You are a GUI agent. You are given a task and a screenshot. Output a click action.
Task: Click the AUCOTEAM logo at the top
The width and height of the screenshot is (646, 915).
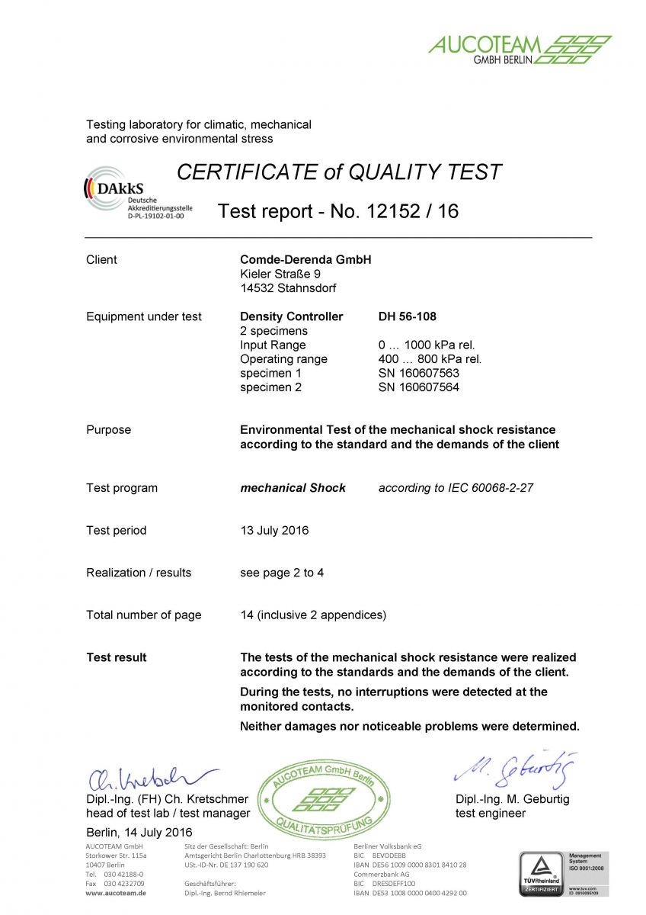tap(520, 48)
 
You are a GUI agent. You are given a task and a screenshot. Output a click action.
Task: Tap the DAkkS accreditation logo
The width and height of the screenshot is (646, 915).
tap(137, 193)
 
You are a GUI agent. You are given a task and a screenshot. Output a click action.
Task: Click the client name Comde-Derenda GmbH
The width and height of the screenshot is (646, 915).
tap(305, 260)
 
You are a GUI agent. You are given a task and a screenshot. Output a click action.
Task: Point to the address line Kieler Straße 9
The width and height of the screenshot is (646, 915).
tap(280, 274)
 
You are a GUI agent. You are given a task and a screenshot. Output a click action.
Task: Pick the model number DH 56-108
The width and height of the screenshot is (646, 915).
tap(407, 316)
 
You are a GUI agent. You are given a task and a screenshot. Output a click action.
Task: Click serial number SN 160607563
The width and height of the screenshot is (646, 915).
tap(418, 374)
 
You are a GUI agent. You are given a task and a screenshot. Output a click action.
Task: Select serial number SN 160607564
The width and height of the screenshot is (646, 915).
tap(418, 387)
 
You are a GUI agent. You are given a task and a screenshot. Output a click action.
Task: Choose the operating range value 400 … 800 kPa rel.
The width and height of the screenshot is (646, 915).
tap(430, 359)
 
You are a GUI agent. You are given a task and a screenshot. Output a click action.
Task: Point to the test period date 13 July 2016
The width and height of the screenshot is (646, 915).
tap(274, 531)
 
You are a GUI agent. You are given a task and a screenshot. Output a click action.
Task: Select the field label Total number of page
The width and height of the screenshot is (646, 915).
tap(144, 615)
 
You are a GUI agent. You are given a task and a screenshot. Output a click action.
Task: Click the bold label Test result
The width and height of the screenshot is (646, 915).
tap(117, 657)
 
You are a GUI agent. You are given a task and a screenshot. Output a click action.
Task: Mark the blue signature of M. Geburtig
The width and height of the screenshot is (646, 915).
tap(516, 769)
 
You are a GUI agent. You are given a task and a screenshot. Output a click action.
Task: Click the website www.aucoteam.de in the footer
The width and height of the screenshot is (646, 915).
tap(116, 893)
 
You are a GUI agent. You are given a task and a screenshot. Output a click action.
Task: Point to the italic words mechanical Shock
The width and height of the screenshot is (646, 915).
tap(293, 488)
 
